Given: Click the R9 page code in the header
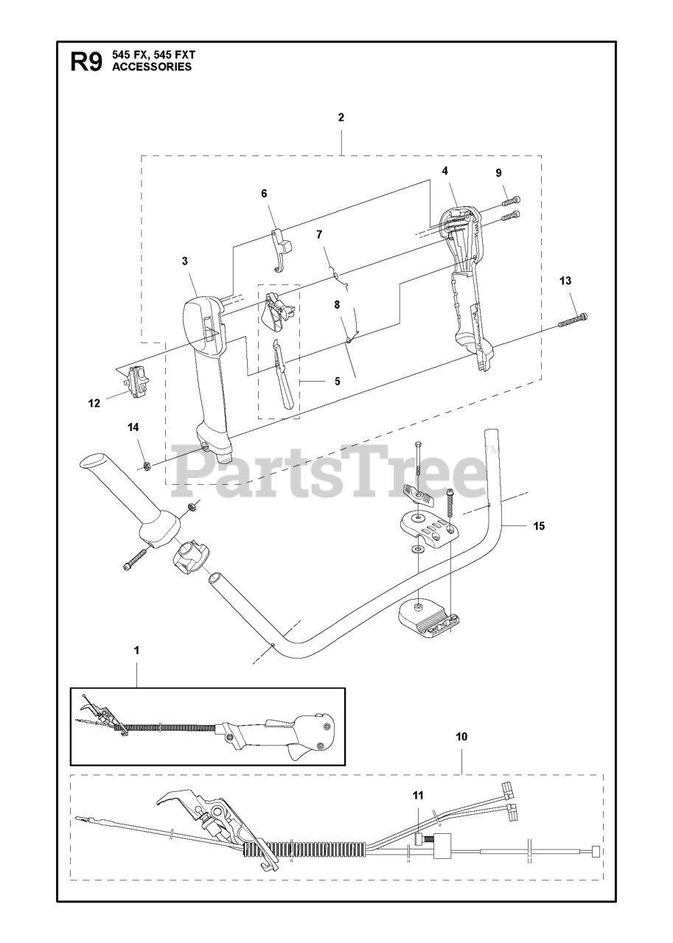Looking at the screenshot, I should (x=86, y=61).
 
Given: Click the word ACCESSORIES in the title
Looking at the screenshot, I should (x=152, y=67).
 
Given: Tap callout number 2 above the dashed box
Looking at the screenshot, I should (x=341, y=117).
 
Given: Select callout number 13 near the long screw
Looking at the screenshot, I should (x=565, y=281).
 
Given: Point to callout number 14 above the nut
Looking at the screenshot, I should (x=133, y=427).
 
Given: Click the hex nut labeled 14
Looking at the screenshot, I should (x=146, y=465).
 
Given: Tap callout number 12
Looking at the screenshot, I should (x=94, y=403).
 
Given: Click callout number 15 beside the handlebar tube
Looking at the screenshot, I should (x=539, y=526).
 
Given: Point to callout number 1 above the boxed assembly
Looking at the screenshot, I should (x=136, y=651).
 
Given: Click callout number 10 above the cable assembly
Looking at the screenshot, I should (x=461, y=736).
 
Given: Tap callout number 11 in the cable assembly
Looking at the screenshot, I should (x=418, y=796).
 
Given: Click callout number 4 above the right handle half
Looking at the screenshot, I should (x=444, y=171).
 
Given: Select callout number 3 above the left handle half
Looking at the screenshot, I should (x=185, y=260).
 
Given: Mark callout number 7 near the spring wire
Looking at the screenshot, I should (x=319, y=234).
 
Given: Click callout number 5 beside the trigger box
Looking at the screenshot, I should (x=337, y=382).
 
